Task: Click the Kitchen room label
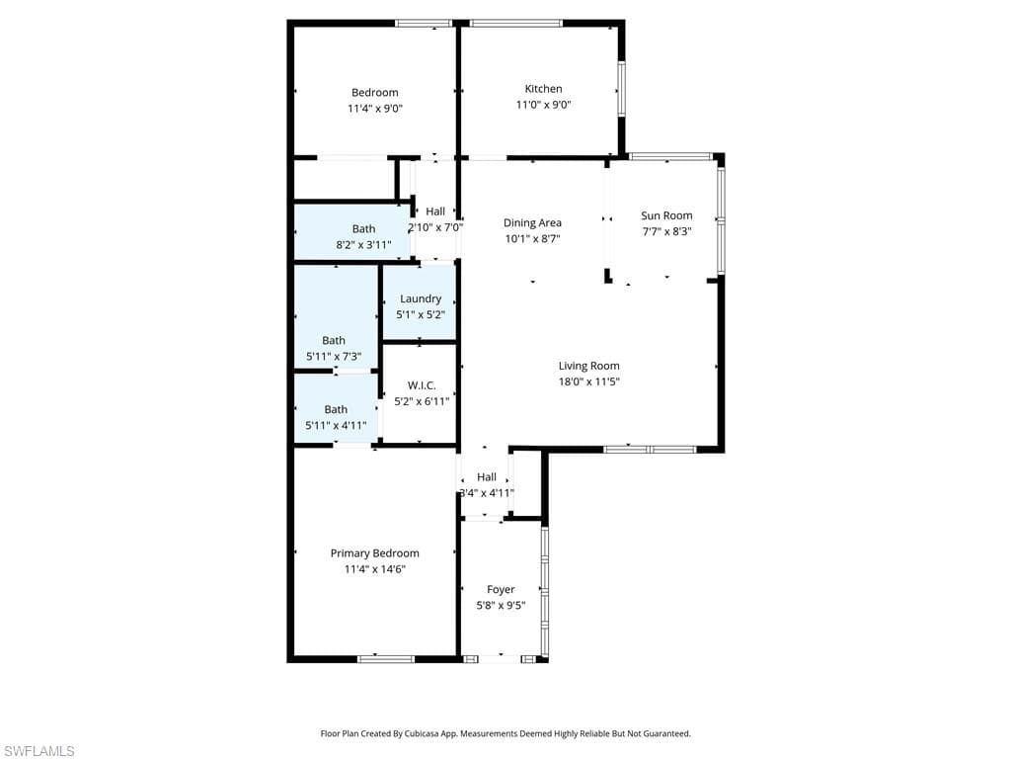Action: [x=543, y=89]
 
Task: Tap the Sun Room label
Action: [x=666, y=215]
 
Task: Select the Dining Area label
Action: [x=532, y=222]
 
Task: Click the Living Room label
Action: [x=588, y=366]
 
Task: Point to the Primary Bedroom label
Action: [x=374, y=553]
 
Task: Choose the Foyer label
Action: [x=501, y=590]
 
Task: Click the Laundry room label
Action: [x=421, y=298]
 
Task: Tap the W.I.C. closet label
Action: [x=422, y=385]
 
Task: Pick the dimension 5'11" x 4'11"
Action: [x=336, y=425]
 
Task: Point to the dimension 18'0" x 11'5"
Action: [x=588, y=381]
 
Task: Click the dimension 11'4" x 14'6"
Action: [x=374, y=569]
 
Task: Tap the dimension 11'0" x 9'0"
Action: [x=543, y=105]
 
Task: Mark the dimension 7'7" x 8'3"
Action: [x=666, y=231]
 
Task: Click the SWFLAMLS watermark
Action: [x=39, y=751]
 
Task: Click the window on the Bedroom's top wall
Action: [x=424, y=23]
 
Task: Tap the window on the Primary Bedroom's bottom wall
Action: [x=386, y=658]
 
